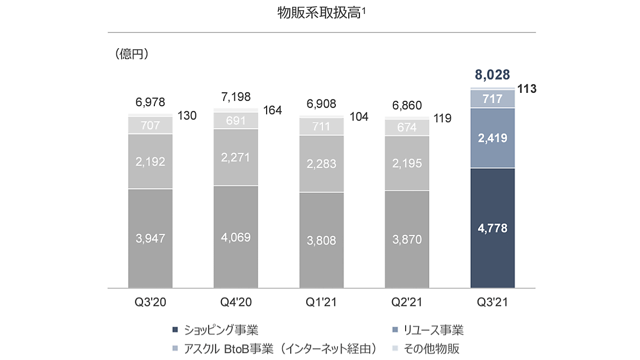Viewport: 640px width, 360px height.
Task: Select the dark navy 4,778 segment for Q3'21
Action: (492, 228)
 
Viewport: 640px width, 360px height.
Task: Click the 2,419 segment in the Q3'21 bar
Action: (492, 138)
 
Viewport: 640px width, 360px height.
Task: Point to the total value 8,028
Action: (492, 75)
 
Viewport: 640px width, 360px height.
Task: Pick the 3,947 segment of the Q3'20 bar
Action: (150, 238)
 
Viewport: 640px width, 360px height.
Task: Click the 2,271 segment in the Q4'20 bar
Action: (236, 157)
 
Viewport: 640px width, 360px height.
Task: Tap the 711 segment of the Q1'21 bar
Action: (322, 126)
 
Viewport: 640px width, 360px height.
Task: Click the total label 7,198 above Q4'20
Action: (236, 97)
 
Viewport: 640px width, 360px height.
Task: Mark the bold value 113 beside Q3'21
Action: (526, 89)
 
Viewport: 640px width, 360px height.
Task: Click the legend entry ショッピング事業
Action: (218, 329)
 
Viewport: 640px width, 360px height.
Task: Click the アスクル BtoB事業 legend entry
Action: (275, 349)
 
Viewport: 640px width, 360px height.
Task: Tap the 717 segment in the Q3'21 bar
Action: (492, 99)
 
